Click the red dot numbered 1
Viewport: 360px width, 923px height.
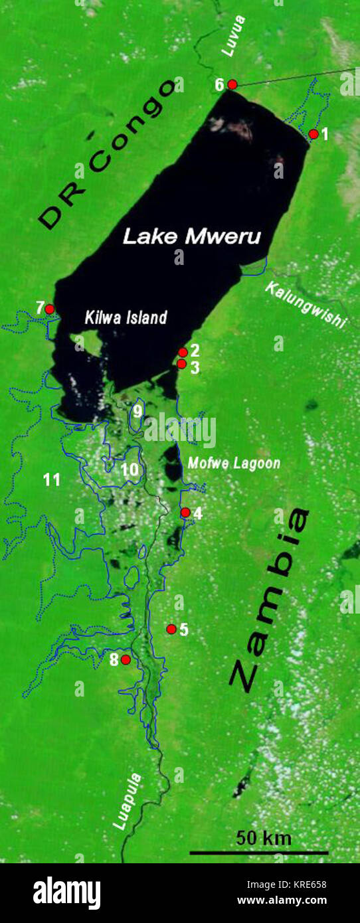tap(313, 134)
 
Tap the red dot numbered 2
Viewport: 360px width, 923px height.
tap(183, 352)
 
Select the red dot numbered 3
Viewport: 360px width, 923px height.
tap(182, 363)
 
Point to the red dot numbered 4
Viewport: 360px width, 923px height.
tap(185, 513)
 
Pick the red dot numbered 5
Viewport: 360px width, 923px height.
tap(171, 629)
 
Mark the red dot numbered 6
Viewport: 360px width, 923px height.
tap(232, 84)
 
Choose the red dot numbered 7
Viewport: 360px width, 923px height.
tap(49, 309)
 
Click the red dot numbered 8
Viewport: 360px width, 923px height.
tap(125, 659)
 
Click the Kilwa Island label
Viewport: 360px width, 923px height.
tap(126, 317)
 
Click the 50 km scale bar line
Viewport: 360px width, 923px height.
tap(259, 853)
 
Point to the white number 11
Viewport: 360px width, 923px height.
tap(51, 479)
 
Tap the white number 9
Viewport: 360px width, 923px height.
tap(137, 410)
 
